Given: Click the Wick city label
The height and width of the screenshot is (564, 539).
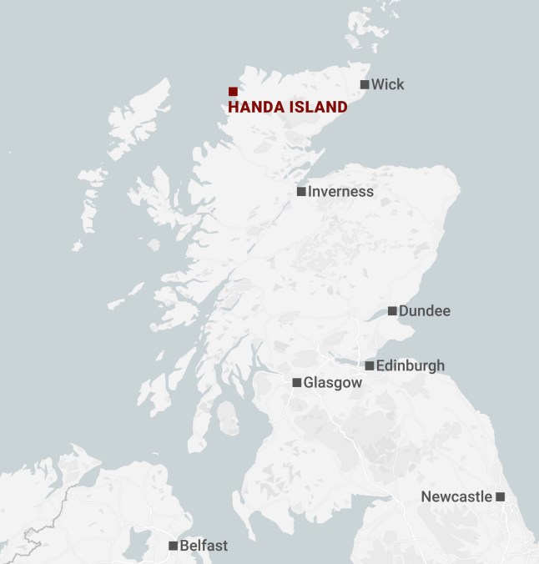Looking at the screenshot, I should [388, 84].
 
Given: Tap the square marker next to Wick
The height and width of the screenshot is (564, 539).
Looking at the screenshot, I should [365, 84].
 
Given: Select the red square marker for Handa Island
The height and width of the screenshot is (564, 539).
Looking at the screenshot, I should [233, 92].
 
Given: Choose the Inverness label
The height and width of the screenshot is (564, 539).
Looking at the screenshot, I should [340, 192].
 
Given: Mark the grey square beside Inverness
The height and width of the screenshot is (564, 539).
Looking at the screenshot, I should [301, 192].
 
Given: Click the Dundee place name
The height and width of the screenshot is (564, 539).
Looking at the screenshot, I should [425, 311].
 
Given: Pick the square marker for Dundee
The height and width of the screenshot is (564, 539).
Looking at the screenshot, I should [392, 311].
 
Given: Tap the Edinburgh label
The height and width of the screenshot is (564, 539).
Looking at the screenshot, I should [411, 365].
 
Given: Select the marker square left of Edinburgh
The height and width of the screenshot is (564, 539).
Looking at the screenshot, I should [370, 365].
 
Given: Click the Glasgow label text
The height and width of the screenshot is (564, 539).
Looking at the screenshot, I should [333, 383].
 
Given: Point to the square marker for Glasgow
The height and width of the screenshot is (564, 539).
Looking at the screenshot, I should [297, 383].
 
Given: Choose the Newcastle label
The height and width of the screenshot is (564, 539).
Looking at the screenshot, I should [456, 496].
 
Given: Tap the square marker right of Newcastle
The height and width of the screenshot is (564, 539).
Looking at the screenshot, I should [501, 496].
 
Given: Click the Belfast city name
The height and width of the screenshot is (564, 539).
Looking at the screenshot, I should [204, 546].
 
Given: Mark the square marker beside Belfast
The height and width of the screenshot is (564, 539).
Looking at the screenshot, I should [173, 546].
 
